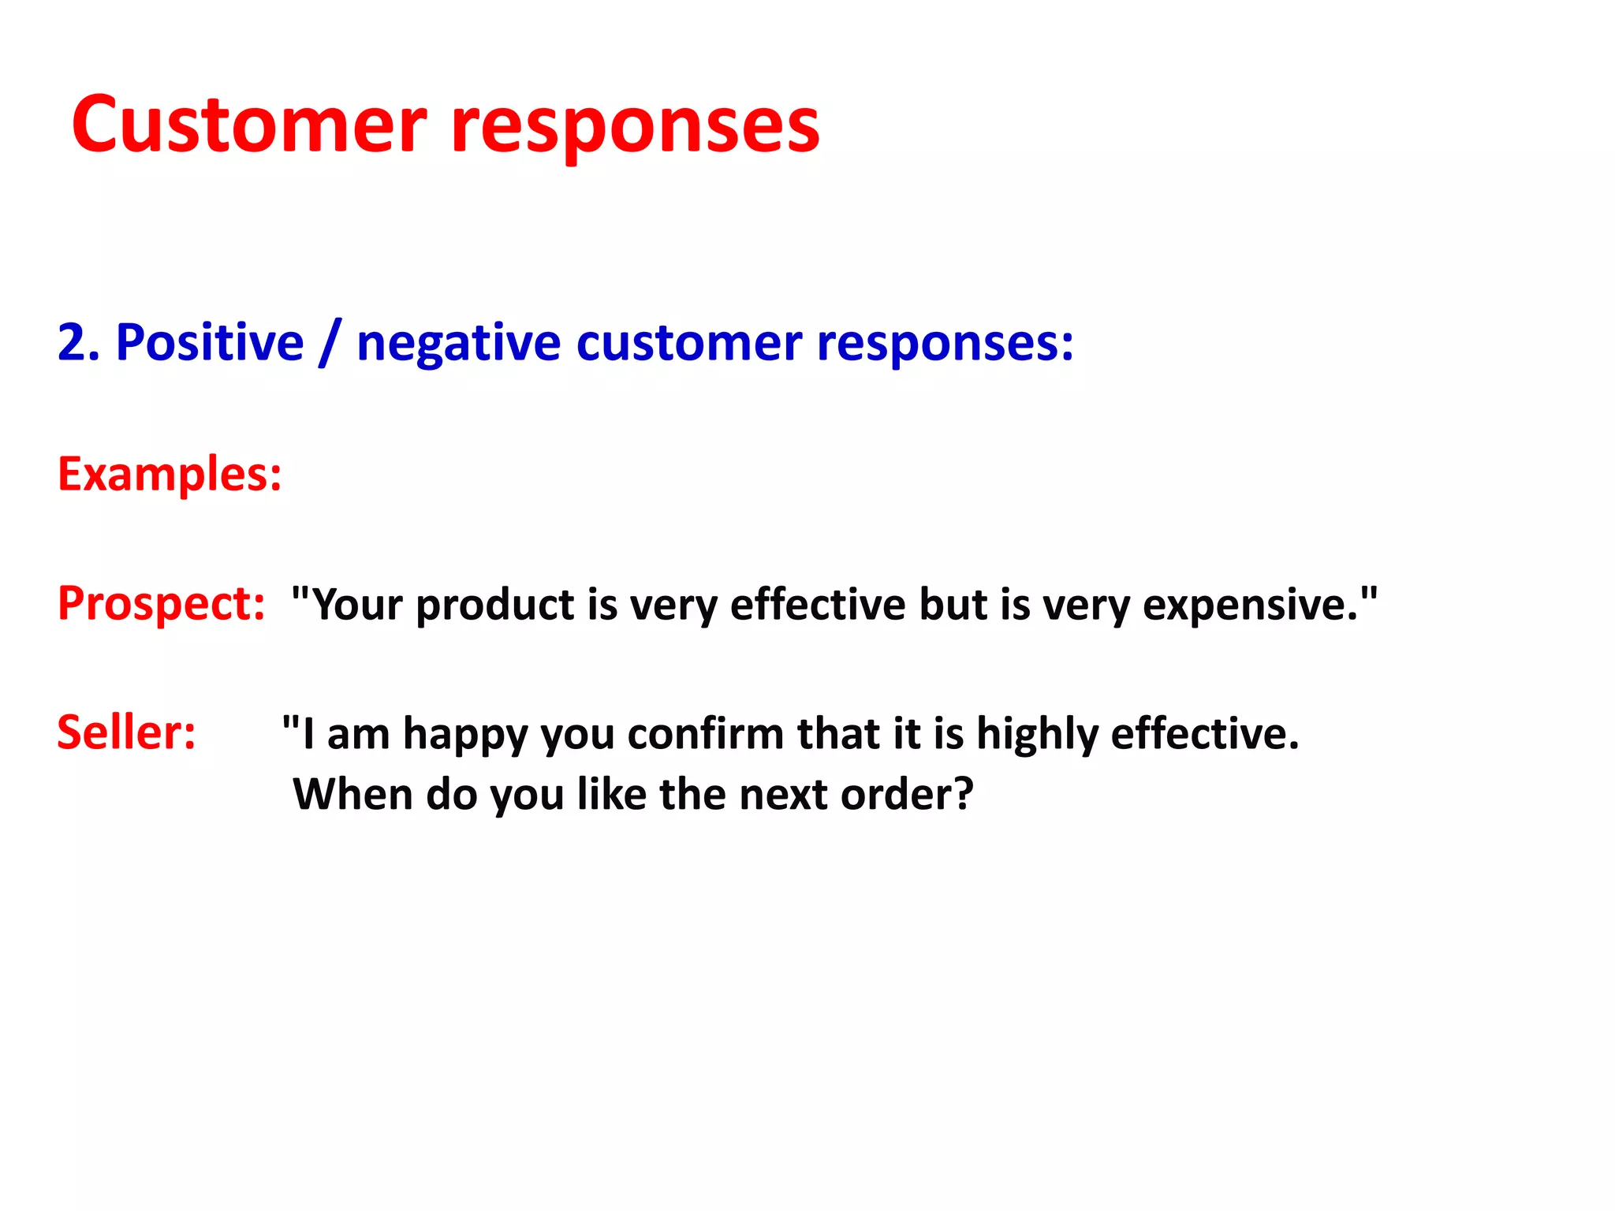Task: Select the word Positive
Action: (210, 343)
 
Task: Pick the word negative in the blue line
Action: (458, 345)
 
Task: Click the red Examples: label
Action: (170, 475)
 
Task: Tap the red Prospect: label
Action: (161, 604)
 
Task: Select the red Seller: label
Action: (126, 732)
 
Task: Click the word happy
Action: (465, 735)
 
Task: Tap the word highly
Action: (1037, 735)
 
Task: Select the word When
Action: (352, 794)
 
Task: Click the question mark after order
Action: (964, 794)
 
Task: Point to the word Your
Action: (358, 605)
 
